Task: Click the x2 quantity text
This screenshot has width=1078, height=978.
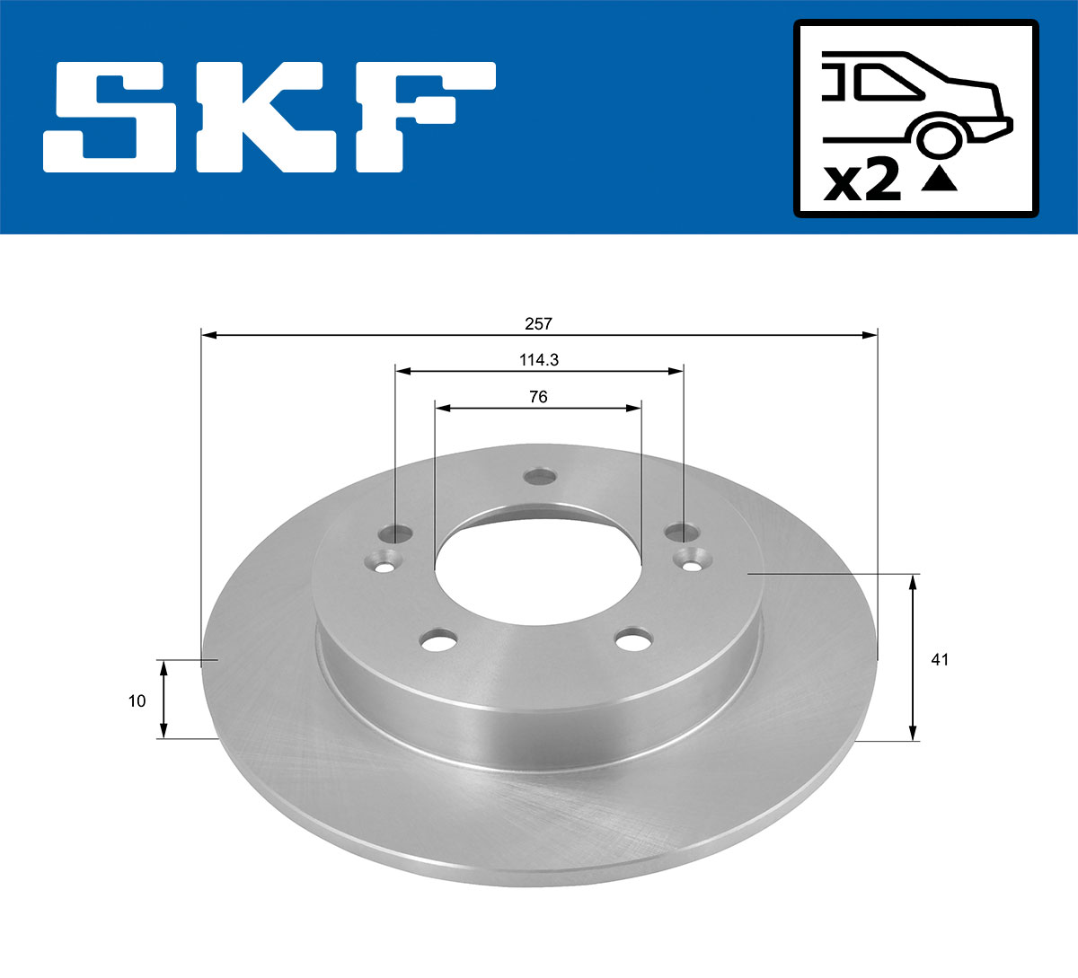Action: (862, 182)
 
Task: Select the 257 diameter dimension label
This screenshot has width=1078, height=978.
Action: (538, 322)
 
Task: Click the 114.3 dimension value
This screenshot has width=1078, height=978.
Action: (539, 359)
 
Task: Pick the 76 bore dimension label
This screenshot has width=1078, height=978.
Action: (538, 397)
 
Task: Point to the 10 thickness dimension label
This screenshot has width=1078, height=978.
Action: (137, 700)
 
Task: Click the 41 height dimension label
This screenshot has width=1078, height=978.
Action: (940, 660)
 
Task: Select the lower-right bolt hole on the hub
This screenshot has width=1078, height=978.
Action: (633, 640)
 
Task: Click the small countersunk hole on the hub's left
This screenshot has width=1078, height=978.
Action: (383, 563)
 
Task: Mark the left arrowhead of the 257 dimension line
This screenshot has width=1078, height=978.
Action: (209, 335)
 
